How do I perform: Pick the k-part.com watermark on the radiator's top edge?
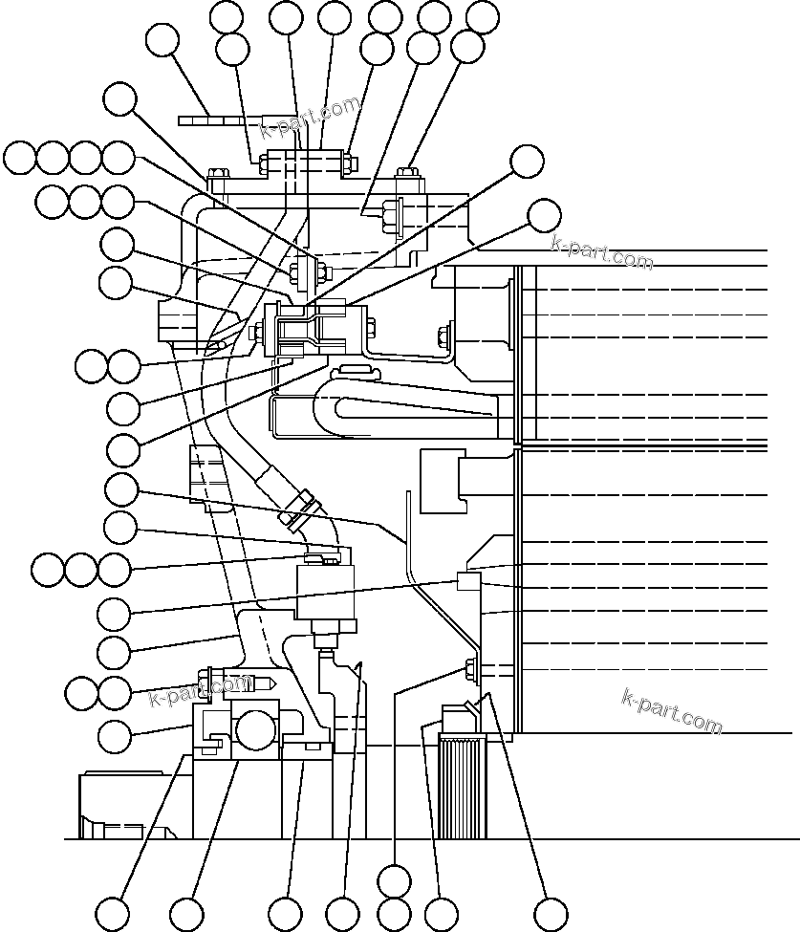(602, 251)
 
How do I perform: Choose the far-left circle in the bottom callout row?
(113, 912)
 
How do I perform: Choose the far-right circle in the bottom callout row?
(550, 912)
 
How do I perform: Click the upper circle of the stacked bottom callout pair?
(394, 879)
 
